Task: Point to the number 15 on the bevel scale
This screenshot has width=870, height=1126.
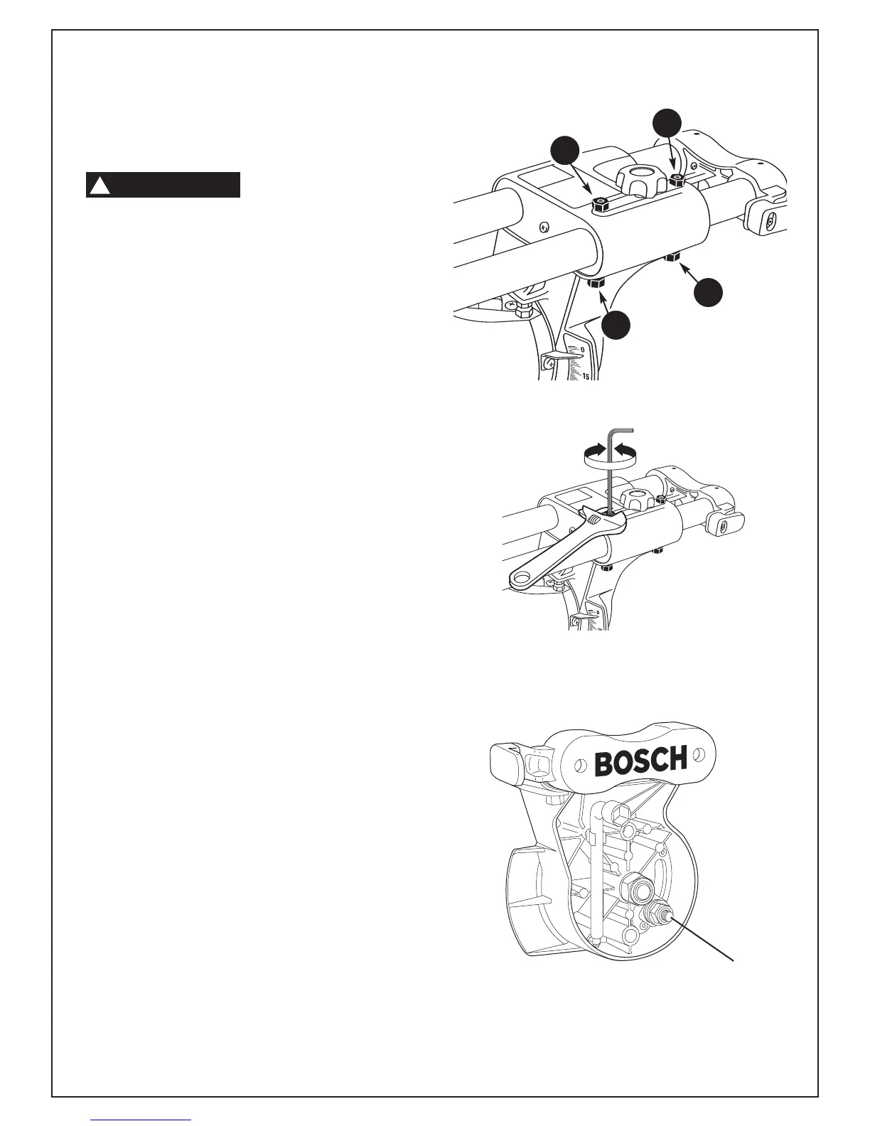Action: (587, 375)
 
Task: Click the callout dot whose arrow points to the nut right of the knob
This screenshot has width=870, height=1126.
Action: (667, 122)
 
